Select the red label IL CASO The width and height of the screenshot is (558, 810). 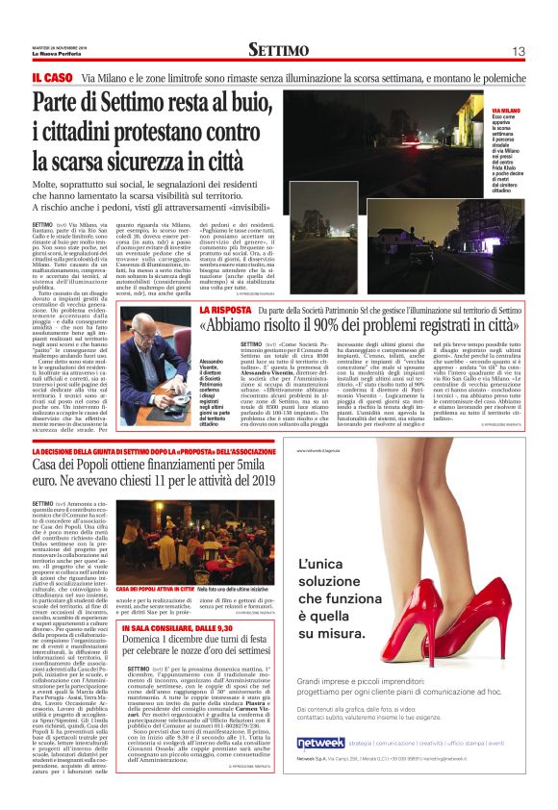pos(51,76)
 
